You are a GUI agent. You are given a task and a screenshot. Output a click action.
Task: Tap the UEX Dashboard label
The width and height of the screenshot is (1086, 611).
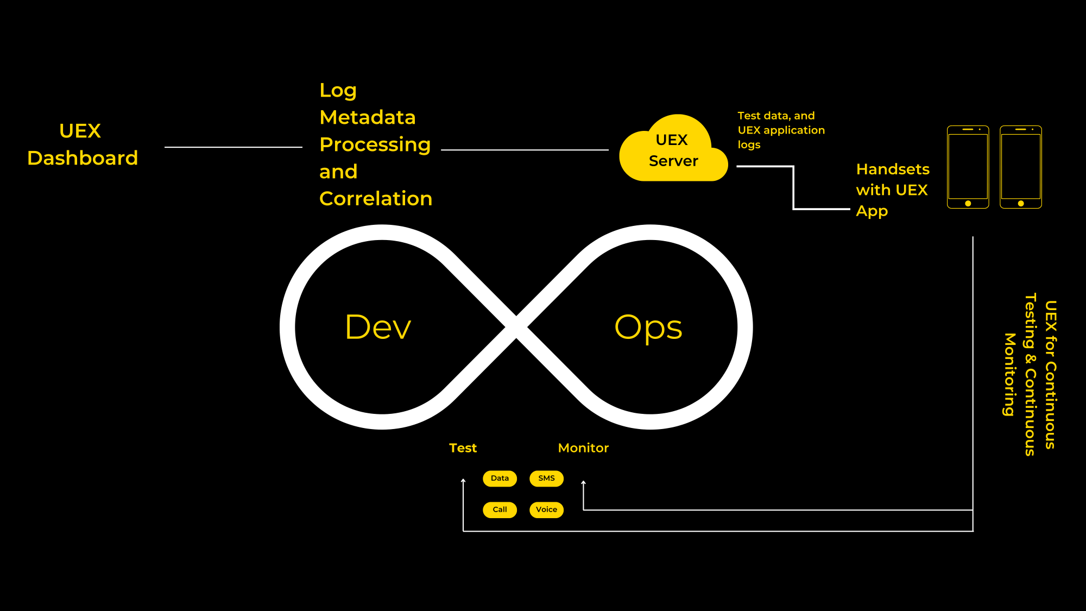(83, 144)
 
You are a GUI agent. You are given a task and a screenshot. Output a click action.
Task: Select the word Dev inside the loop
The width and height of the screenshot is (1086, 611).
(378, 327)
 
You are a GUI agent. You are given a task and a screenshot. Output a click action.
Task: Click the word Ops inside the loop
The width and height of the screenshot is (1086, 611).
(648, 328)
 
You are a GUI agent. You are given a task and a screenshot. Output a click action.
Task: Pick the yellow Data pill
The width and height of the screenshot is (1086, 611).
(500, 478)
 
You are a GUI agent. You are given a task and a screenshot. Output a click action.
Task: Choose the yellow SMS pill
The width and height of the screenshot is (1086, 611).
(546, 478)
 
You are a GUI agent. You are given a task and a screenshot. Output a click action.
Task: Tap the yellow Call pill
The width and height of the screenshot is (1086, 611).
(500, 510)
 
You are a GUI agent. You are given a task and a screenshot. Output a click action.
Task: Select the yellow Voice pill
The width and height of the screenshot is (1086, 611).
(546, 510)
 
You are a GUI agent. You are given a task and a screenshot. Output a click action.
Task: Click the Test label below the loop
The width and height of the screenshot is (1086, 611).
(463, 448)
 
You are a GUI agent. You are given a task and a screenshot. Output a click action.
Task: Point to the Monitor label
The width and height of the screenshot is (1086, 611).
(583, 448)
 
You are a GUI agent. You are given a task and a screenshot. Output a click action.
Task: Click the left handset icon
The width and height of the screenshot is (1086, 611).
(968, 167)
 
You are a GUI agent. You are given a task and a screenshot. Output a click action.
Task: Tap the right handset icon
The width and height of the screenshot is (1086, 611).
(1021, 167)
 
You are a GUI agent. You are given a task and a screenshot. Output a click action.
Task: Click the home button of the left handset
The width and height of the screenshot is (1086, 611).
(968, 204)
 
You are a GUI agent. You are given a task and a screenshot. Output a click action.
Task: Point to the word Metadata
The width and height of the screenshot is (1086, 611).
(368, 117)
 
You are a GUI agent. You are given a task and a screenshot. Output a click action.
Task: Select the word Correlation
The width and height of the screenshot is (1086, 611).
(376, 199)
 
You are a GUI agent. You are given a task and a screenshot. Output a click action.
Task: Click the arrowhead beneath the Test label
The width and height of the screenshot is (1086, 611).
(463, 481)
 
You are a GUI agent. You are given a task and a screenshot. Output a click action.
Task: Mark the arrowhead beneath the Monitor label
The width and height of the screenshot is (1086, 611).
(583, 483)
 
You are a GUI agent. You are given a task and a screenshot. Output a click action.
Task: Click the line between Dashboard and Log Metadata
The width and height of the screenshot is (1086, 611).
(233, 147)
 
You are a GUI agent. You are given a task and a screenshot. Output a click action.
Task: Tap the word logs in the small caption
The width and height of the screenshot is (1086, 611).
(749, 145)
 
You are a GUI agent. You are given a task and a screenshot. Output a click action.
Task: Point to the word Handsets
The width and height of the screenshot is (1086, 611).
(893, 169)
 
